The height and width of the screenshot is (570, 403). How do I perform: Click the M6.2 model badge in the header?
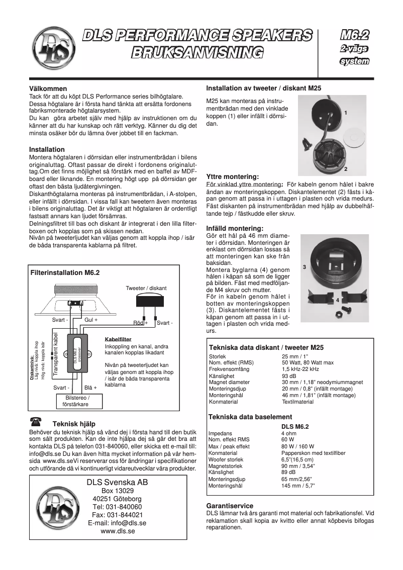click(x=355, y=35)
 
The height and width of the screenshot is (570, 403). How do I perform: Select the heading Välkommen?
click(x=48, y=88)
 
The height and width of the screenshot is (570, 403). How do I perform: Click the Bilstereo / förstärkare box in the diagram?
click(x=75, y=400)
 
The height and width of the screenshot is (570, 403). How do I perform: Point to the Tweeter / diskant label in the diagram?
click(x=146, y=288)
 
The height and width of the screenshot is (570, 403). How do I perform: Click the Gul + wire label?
click(x=91, y=320)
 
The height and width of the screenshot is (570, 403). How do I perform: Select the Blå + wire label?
click(x=90, y=388)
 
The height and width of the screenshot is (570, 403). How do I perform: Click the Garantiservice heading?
click(x=230, y=506)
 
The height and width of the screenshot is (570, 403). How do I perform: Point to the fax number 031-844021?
click(x=117, y=515)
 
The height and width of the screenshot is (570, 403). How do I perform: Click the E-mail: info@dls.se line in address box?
click(x=117, y=523)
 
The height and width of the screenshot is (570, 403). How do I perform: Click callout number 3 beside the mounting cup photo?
click(x=304, y=267)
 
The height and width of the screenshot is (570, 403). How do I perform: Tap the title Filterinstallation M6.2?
click(x=65, y=272)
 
